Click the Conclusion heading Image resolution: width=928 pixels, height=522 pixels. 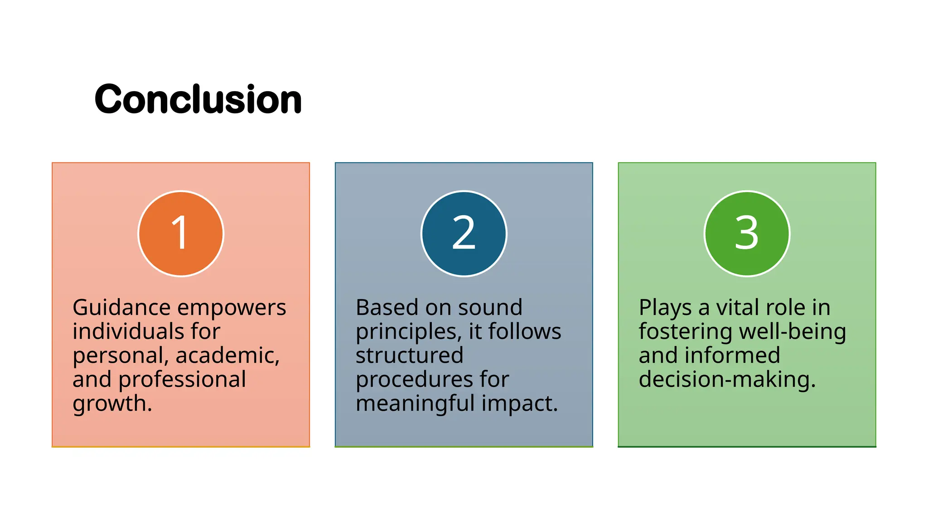pyautogui.click(x=198, y=99)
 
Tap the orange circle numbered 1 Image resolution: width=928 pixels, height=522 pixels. pyautogui.click(x=181, y=233)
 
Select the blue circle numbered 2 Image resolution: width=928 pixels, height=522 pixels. pyautogui.click(x=464, y=233)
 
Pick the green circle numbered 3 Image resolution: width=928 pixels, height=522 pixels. pyautogui.click(x=747, y=233)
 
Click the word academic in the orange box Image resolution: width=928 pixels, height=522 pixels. pyautogui.click(x=227, y=356)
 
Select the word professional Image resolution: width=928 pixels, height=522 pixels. pyautogui.click(x=182, y=380)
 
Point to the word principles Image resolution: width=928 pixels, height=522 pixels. pyautogui.click(x=408, y=332)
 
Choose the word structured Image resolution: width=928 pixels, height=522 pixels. pyautogui.click(x=409, y=356)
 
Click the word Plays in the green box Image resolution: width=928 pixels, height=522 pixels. pyautogui.click(x=665, y=308)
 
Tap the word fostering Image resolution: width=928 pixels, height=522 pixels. pyautogui.click(x=685, y=332)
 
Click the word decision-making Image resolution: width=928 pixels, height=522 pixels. pyautogui.click(x=727, y=380)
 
